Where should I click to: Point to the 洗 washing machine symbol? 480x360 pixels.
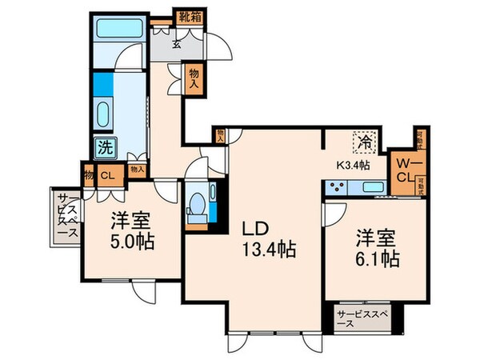tap(104, 147)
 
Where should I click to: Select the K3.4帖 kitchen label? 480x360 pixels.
tap(352, 166)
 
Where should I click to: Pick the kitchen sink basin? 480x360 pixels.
tap(373, 189)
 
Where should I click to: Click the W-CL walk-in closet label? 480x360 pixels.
tap(404, 168)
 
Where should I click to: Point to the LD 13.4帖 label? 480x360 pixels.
tap(269, 239)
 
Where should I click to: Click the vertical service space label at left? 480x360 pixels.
tap(62, 217)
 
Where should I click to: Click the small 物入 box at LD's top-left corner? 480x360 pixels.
tap(220, 137)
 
